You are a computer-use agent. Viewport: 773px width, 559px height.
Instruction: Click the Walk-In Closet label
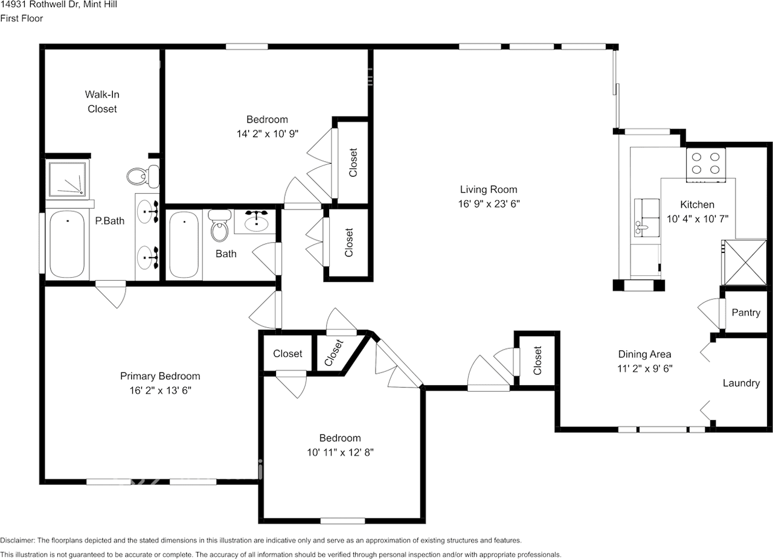(102, 101)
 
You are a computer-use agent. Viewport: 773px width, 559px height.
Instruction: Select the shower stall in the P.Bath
(67, 179)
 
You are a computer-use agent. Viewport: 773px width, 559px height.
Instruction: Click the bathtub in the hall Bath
(184, 244)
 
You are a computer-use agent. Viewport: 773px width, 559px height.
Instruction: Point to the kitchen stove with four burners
(706, 165)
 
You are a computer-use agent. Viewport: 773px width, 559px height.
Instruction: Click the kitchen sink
(647, 217)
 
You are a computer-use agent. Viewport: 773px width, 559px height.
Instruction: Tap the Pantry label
(746, 313)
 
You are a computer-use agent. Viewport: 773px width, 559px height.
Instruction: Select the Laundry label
(741, 383)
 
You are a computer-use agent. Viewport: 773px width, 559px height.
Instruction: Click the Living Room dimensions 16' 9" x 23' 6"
(489, 204)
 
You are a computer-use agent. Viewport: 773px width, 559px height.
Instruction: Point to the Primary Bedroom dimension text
(161, 390)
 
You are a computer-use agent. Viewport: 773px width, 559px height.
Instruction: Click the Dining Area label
(644, 354)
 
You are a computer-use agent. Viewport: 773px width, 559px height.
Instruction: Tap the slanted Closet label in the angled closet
(334, 353)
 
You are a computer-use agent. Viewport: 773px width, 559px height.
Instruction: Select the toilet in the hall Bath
(219, 226)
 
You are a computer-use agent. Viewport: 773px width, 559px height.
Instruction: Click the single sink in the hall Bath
(257, 222)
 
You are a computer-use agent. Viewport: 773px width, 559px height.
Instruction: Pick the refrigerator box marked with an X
(745, 263)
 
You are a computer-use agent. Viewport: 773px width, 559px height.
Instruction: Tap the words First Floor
(21, 18)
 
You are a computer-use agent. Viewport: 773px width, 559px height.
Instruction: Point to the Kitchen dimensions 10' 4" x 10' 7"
(698, 219)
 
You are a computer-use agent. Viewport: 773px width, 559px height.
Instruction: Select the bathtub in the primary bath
(67, 244)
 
